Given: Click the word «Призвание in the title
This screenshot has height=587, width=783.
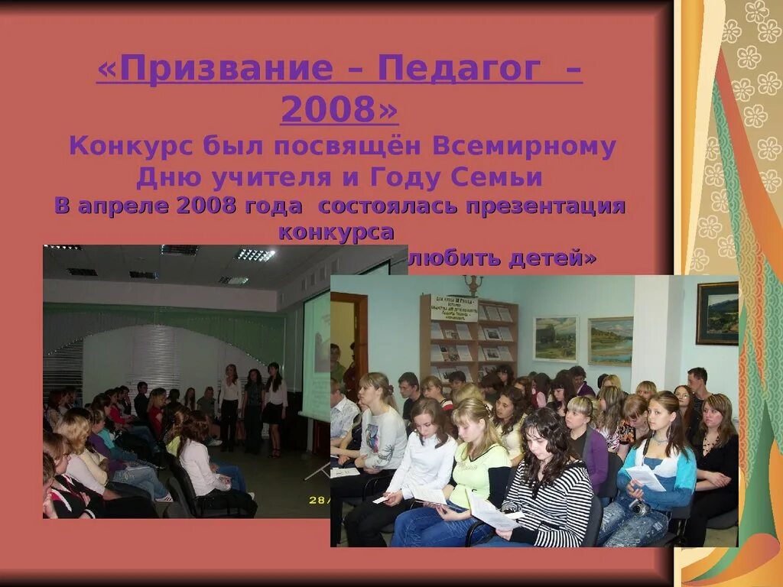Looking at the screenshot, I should coord(215,69).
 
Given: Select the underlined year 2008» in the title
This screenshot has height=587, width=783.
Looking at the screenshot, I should coord(340,109).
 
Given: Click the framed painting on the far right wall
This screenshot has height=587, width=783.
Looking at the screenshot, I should coord(717,313).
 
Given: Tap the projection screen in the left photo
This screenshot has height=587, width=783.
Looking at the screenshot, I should coord(316,355).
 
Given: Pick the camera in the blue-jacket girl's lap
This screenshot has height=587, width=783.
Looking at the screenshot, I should coord(639,507).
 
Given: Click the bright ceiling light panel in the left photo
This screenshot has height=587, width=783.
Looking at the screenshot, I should coord(255,255).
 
